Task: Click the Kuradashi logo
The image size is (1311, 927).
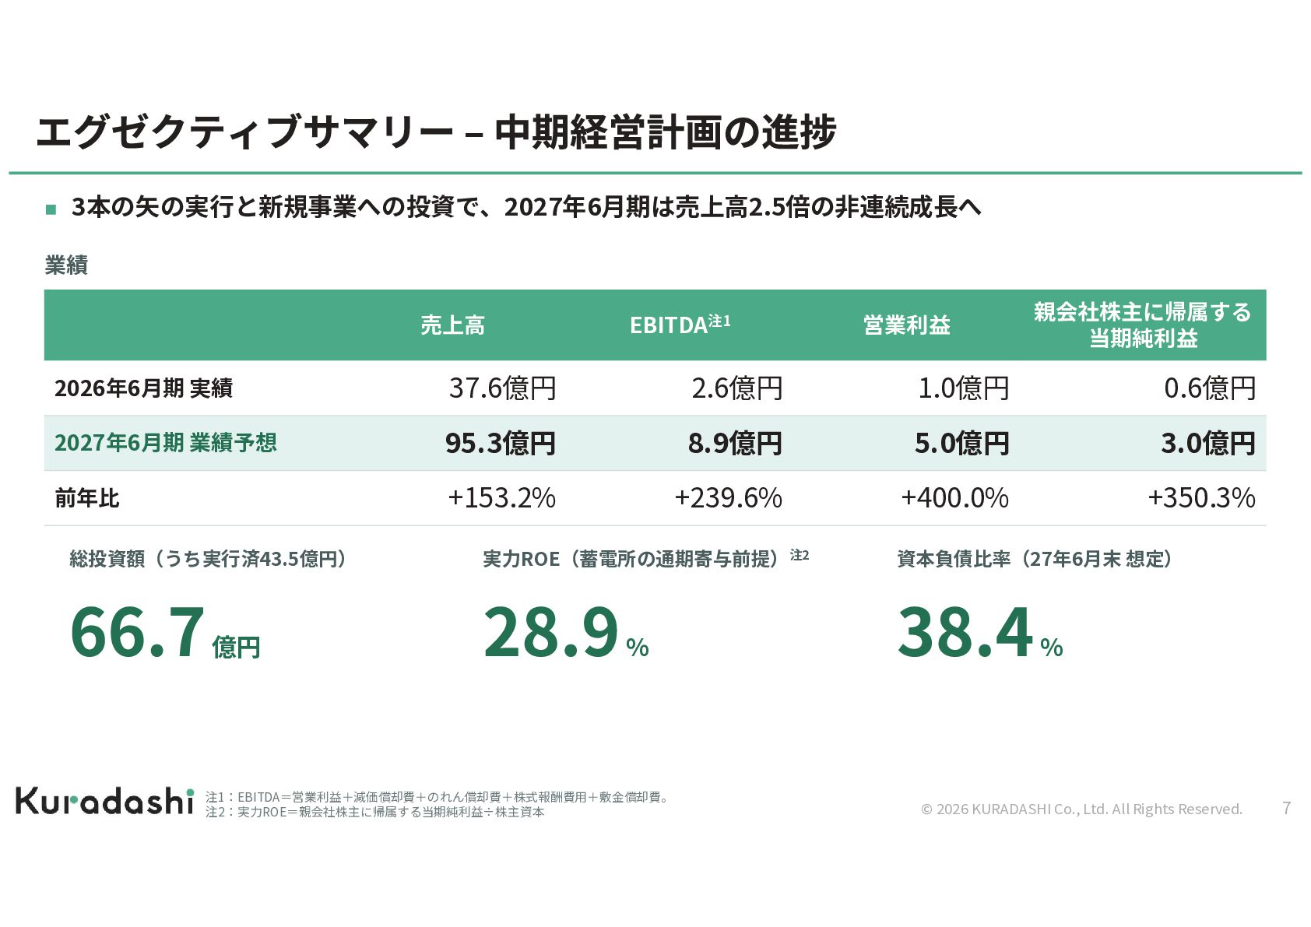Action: (104, 801)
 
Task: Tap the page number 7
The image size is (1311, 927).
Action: (1286, 808)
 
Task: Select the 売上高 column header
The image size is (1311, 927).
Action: (452, 325)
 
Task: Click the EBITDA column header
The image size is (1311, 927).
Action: (680, 325)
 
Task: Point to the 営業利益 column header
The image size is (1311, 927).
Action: (907, 325)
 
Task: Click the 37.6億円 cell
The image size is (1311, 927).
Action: (502, 388)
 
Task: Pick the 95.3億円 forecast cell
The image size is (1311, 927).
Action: (501, 443)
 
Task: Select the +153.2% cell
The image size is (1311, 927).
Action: (501, 498)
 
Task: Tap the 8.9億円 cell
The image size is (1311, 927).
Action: (735, 443)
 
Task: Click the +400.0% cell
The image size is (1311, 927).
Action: (955, 498)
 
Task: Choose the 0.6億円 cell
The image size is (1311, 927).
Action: (1210, 388)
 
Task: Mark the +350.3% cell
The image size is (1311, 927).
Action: (1201, 498)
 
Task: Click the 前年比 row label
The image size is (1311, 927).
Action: (87, 499)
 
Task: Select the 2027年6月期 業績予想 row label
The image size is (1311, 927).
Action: (166, 442)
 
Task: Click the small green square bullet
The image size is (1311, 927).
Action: (51, 209)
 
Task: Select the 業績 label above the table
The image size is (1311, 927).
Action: (66, 265)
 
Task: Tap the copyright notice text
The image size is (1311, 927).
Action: (1081, 809)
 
